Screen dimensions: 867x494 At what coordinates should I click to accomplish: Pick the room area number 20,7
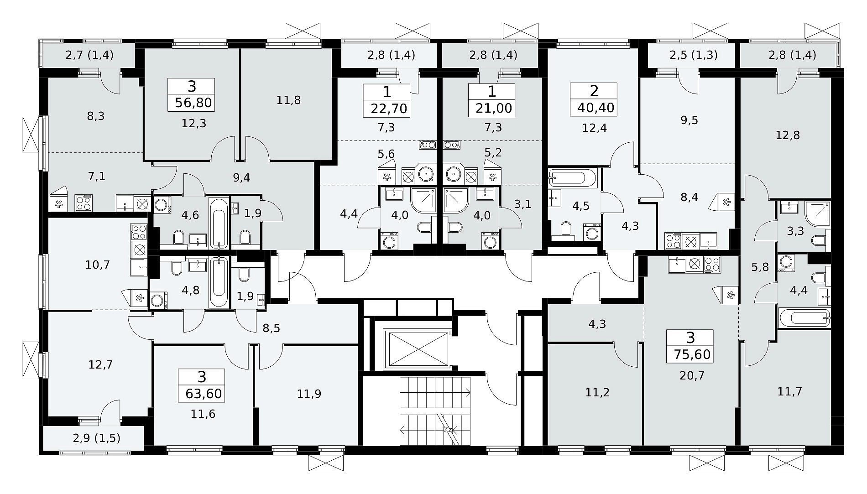tap(692, 375)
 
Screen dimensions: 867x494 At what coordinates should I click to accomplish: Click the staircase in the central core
tap(435, 411)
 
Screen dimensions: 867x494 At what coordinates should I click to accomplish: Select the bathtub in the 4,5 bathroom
tap(573, 178)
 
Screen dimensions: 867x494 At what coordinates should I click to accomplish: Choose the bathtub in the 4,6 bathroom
tap(219, 223)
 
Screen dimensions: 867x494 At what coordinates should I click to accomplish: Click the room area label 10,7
tap(98, 265)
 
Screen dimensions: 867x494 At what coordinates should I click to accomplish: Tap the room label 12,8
tap(788, 135)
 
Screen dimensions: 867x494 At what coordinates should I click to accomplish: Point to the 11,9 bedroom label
tap(309, 394)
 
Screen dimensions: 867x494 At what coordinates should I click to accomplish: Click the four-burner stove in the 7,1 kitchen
tap(84, 203)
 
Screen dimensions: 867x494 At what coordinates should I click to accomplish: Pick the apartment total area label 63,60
tap(204, 393)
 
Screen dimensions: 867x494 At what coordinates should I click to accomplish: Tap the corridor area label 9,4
tap(241, 177)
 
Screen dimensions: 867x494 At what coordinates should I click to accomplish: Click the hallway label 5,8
tap(760, 267)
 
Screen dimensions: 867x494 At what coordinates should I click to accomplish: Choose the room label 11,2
tap(597, 392)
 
